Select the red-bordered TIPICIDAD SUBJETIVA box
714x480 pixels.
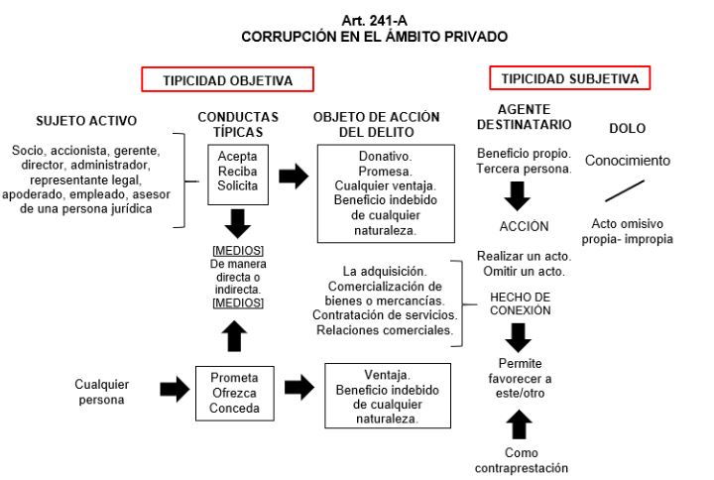point(570,78)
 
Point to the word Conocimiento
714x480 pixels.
point(627,160)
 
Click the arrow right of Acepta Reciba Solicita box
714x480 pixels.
point(293,177)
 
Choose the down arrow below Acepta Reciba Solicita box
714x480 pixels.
point(238,222)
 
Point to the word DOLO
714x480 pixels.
point(626,128)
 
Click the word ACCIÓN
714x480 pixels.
point(520,226)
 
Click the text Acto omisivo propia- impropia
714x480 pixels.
point(631,232)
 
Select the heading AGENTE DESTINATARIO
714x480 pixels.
point(523,118)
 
